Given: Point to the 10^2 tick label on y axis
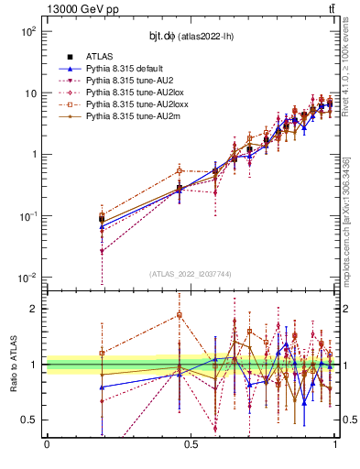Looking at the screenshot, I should pyautogui.click(x=28, y=31).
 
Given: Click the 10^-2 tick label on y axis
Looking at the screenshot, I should pyautogui.click(x=28, y=278).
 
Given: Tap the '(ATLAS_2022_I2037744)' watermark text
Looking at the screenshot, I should pyautogui.click(x=190, y=273).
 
